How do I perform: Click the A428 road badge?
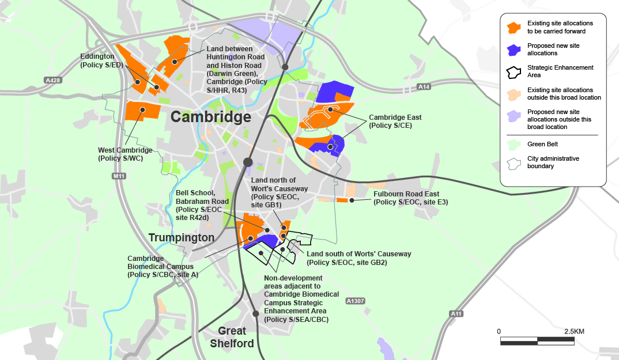(52, 81)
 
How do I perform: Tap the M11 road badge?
(119, 176)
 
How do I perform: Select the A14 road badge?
(424, 87)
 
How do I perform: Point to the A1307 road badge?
(356, 301)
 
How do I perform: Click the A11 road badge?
(456, 313)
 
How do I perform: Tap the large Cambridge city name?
(210, 118)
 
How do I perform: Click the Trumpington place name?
(181, 237)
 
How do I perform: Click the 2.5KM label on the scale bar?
(574, 332)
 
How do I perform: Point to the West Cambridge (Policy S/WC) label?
(125, 154)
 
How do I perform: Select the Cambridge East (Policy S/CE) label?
(390, 121)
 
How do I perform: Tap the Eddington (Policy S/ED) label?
(101, 61)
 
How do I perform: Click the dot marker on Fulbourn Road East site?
(351, 200)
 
